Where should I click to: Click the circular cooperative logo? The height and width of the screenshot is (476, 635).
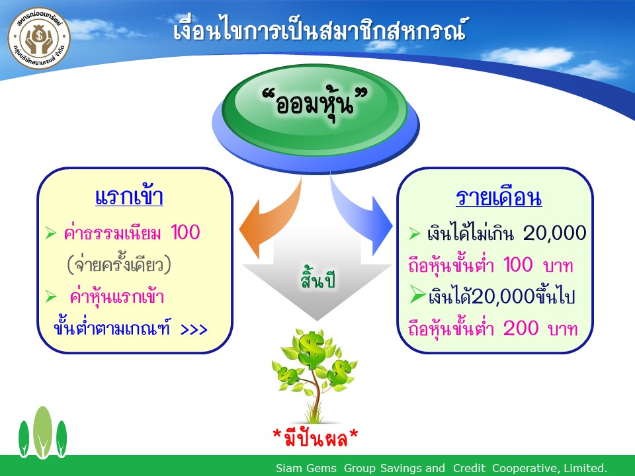[x=39, y=38]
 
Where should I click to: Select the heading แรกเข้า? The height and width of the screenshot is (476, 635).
[x=129, y=196]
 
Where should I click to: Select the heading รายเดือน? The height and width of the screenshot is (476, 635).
[x=499, y=197]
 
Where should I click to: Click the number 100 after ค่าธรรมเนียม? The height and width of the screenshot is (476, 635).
[x=185, y=233]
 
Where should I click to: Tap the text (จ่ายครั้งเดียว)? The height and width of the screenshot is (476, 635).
[x=119, y=264]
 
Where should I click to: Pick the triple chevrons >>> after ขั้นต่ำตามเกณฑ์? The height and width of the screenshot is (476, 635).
[x=194, y=329]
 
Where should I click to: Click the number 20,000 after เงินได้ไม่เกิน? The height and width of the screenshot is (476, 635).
[x=554, y=233]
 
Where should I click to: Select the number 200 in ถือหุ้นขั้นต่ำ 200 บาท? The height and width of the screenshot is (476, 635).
[x=521, y=328]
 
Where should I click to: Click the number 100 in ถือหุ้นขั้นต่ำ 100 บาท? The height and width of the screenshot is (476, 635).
[x=518, y=264]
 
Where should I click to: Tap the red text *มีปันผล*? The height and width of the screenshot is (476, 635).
[x=316, y=437]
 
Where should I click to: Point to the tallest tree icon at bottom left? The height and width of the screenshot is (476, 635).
[x=42, y=432]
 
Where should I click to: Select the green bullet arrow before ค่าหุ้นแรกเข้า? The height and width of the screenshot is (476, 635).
[x=51, y=297]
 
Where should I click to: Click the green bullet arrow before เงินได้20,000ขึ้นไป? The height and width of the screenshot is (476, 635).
[x=417, y=294]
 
